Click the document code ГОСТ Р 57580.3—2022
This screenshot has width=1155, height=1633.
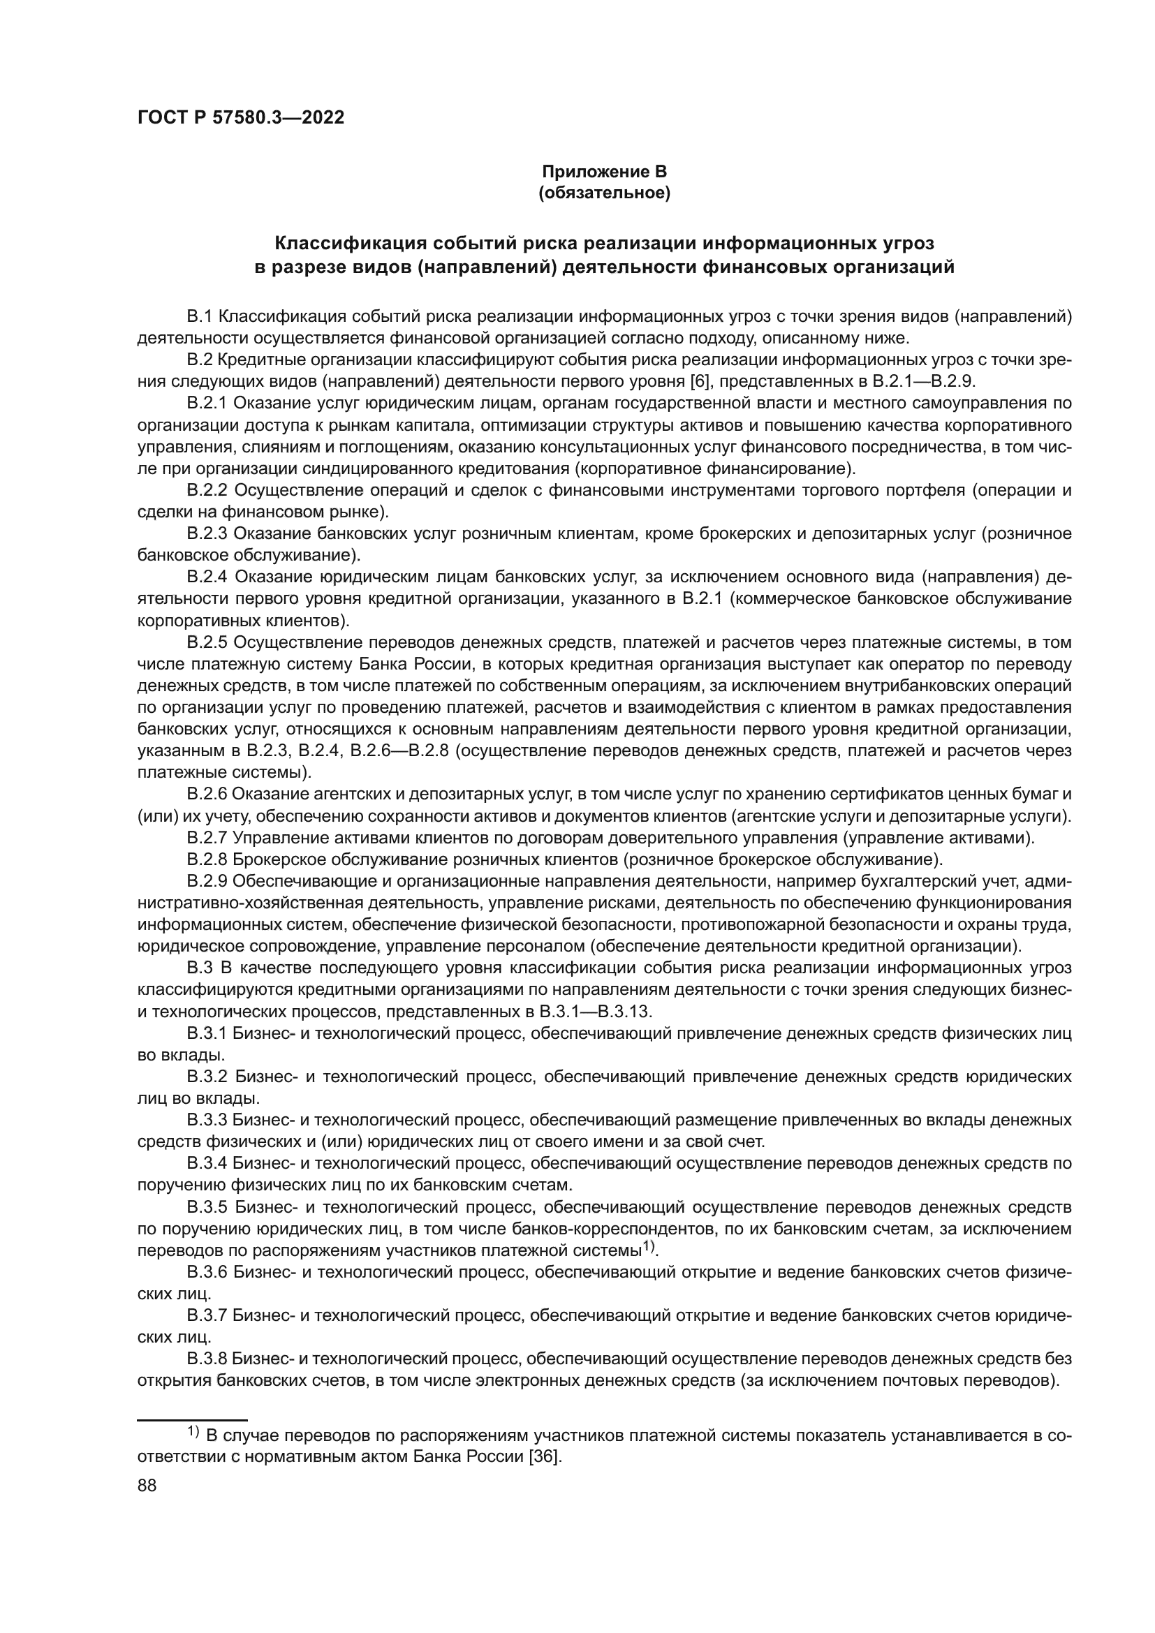point(240,117)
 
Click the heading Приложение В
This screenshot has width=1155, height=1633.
point(605,172)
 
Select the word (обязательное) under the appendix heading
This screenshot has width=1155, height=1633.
point(605,193)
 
